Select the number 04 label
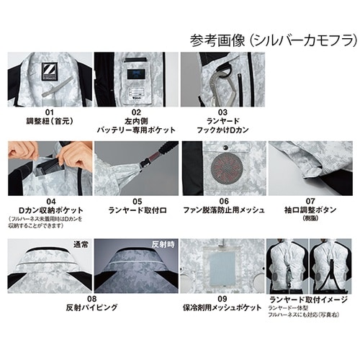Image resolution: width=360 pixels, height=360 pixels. coord(49,202)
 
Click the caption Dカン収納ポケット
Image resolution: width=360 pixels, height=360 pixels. coord(49,211)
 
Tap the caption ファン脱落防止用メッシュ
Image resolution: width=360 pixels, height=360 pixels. coord(224,211)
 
